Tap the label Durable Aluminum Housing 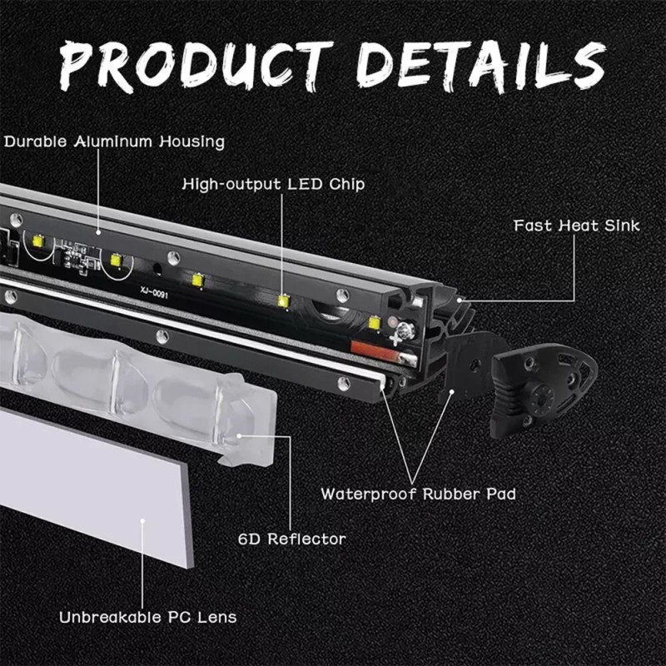(114, 142)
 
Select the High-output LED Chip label (273, 183)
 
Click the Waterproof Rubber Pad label (418, 494)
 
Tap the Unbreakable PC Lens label (147, 617)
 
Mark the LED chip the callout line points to (283, 301)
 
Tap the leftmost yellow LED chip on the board (37, 241)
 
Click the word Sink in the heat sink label (621, 226)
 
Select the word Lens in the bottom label (216, 617)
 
